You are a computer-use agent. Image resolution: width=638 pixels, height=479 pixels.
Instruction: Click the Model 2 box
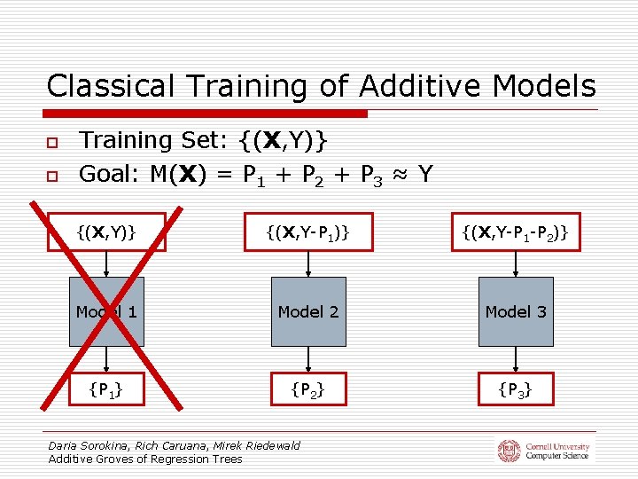coord(307,311)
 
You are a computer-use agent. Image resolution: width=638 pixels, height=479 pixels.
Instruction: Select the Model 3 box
coord(516,311)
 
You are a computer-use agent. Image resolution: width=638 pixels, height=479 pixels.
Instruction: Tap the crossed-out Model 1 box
coord(106,311)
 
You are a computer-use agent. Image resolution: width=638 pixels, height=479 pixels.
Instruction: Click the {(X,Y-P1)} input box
coord(307,232)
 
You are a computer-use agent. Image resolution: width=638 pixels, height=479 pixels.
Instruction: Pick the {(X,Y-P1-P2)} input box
coord(516,232)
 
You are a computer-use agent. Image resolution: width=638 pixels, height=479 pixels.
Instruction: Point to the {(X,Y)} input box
coord(106,232)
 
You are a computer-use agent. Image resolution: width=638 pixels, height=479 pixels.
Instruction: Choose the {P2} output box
coord(307,389)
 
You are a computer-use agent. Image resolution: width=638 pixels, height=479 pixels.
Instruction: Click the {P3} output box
coord(516,389)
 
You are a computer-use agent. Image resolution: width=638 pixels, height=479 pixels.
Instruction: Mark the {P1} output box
coord(106,389)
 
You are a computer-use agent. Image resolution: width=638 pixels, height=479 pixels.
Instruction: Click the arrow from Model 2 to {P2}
coord(307,358)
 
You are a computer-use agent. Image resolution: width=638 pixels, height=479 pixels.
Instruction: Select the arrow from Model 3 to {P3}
coord(516,358)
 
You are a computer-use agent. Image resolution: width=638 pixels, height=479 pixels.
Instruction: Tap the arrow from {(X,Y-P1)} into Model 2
coord(307,264)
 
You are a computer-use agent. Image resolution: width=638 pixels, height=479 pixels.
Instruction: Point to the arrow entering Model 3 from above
coord(516,264)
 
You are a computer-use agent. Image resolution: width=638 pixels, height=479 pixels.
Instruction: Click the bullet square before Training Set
coord(52,142)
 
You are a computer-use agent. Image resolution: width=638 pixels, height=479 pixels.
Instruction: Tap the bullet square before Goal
coord(52,176)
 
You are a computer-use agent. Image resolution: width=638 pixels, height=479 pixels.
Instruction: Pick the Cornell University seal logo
coord(509,451)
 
